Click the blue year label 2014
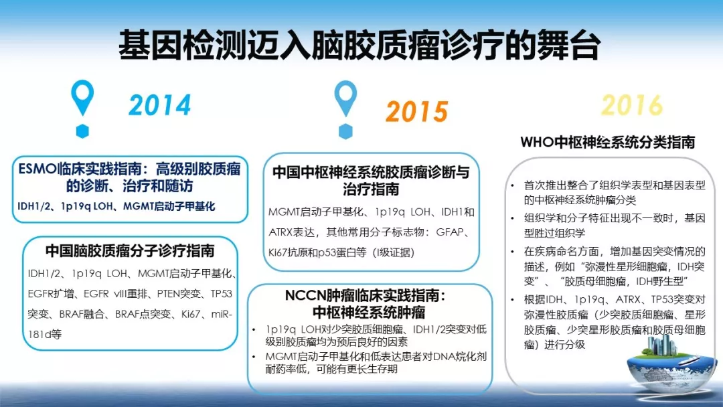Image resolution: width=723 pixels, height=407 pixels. coord(159,105)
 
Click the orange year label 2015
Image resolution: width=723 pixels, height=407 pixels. coord(417,112)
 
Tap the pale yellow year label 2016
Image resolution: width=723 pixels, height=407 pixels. coord(632,105)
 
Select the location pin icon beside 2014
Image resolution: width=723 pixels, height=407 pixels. coord(82,98)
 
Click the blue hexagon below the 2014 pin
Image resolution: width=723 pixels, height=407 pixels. coord(82,131)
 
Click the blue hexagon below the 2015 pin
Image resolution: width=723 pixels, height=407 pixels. coord(345,131)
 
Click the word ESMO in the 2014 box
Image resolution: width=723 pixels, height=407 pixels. coord(37,169)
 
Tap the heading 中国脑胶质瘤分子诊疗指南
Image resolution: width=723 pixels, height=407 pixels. coord(130,251)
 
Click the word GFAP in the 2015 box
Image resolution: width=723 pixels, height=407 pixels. coord(450,232)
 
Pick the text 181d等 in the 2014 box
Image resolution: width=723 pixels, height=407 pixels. coord(44,334)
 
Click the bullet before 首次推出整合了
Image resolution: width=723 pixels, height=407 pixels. coord(512,185)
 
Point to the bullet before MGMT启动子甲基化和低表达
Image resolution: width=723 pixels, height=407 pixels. coord(254,357)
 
